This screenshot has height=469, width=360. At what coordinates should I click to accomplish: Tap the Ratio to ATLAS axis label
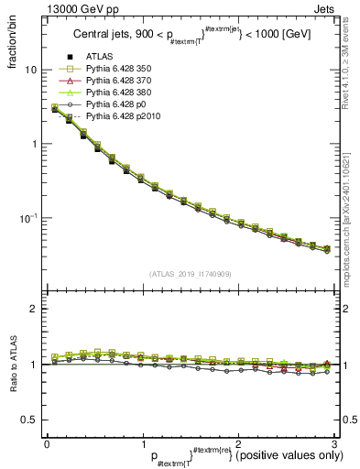[x=13, y=365]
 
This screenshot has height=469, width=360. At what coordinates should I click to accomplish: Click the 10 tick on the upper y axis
[x=31, y=71]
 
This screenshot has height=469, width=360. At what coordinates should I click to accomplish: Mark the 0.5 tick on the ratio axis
[x=29, y=420]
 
